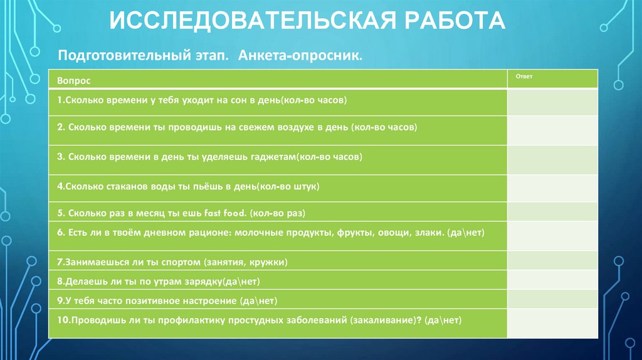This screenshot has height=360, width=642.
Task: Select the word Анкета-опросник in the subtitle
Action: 300,56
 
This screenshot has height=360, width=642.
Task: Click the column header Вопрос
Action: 73,82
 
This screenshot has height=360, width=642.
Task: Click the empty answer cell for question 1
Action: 552,102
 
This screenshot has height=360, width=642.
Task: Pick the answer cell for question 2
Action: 552,130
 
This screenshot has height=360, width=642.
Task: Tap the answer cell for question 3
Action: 552,160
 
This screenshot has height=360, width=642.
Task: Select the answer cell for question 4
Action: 552,189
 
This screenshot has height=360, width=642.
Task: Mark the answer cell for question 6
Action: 552,236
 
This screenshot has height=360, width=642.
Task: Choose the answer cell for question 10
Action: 552,323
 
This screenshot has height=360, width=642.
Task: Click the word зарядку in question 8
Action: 196,281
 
